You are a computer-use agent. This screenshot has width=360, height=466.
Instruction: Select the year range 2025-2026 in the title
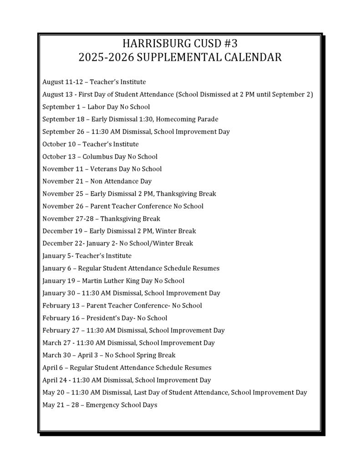[x=106, y=57]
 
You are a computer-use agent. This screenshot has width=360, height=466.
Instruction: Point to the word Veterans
[x=103, y=169]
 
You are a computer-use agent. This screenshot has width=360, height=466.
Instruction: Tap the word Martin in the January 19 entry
[x=93, y=281]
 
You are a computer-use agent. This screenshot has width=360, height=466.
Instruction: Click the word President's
[x=102, y=318]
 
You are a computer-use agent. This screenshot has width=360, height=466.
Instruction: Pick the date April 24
[x=55, y=380]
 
